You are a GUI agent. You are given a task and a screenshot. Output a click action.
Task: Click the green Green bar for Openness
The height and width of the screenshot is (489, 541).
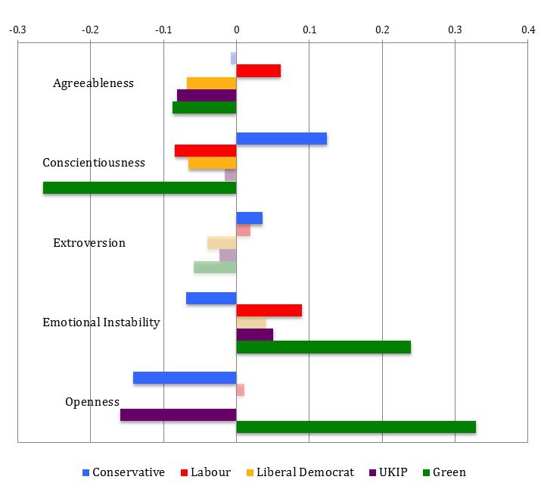coord(356,427)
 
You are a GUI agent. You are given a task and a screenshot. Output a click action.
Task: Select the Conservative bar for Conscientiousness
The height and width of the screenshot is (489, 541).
coord(281,139)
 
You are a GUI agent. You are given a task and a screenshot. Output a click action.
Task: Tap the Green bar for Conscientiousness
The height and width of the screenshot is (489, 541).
coord(140,188)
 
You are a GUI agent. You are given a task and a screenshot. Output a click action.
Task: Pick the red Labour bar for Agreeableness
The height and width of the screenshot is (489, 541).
coord(259,70)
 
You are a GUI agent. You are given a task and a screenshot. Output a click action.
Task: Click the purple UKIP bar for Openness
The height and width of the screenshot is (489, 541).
coord(179,415)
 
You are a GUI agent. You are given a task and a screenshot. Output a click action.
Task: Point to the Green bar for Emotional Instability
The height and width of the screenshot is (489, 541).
coord(324,347)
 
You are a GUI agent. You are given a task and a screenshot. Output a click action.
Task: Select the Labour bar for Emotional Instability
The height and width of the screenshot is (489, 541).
coord(269,310)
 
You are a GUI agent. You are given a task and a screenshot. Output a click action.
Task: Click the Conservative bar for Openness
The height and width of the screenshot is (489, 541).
coord(185,378)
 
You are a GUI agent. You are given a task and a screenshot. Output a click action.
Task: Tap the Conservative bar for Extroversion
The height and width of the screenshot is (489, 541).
coord(250,218)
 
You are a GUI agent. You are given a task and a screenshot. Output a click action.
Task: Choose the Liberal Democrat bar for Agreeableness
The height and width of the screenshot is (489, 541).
coord(212,83)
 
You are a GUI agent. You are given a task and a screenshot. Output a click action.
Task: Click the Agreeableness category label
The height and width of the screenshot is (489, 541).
coord(93,83)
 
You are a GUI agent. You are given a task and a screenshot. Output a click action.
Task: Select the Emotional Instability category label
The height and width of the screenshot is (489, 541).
coord(101,322)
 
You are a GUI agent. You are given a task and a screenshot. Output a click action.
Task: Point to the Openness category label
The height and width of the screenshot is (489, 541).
coord(92,402)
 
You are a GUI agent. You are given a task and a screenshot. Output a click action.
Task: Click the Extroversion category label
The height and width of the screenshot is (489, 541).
coord(89,243)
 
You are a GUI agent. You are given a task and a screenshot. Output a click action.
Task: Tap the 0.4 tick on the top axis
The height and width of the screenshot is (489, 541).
coord(527,30)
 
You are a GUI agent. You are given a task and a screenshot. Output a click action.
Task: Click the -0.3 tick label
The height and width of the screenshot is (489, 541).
coord(17,30)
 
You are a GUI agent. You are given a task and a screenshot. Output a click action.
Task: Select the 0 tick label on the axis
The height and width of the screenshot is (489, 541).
coord(236,30)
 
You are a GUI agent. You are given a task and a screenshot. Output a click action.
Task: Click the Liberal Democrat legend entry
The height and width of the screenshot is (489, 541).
coord(300,472)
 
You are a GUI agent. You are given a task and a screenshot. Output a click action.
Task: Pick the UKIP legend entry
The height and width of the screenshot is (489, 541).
coord(388,472)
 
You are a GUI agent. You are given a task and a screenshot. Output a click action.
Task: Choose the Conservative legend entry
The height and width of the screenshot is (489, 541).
coord(123,472)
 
